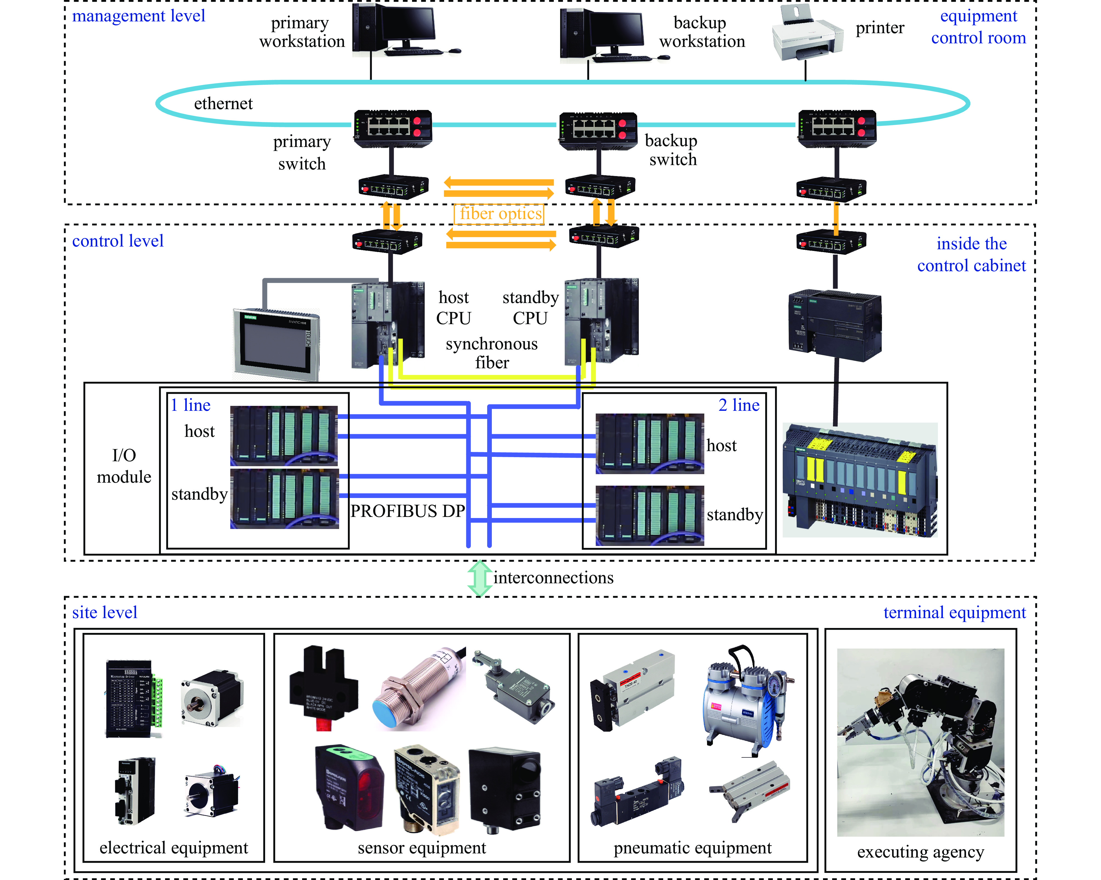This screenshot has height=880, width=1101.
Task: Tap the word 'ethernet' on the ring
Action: [223, 104]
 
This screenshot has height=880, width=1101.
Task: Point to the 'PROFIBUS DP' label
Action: [407, 511]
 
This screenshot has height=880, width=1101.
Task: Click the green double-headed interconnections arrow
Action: [480, 578]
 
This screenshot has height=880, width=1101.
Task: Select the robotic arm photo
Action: [920, 741]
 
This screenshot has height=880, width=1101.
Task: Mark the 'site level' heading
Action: [105, 612]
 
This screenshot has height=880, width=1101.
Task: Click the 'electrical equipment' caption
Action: [174, 848]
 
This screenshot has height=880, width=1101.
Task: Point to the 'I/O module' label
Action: [124, 466]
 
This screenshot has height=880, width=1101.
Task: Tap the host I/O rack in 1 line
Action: [284, 435]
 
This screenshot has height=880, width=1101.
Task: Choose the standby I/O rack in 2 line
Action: [649, 515]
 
